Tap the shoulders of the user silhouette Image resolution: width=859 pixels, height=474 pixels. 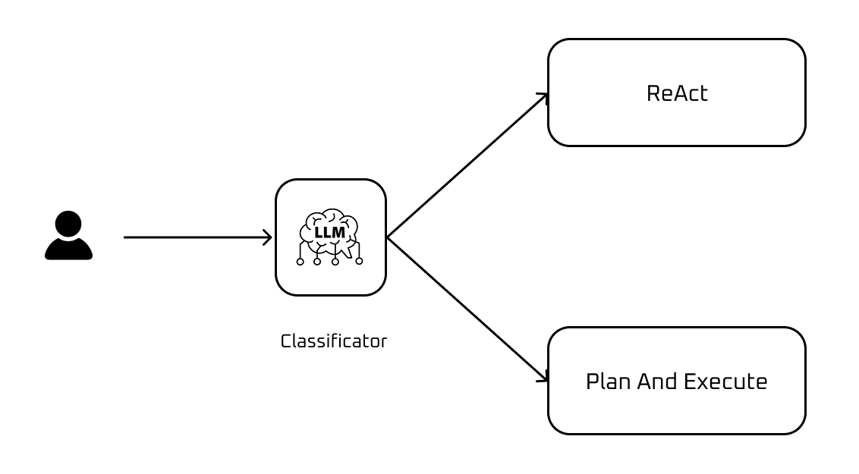point(68,250)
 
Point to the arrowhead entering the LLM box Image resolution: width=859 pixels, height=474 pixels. point(267,237)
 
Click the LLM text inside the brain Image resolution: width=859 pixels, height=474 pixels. point(329,232)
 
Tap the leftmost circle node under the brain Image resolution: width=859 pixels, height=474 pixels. point(300,262)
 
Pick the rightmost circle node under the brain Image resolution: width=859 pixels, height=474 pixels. point(359,261)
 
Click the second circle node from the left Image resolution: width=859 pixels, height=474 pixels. point(317,262)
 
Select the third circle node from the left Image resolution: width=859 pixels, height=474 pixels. point(335,262)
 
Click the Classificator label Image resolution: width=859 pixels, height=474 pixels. point(333,341)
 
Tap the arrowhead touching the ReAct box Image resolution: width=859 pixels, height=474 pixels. point(543,96)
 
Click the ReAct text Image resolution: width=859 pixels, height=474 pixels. point(676,93)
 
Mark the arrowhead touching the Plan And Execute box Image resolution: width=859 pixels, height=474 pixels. point(543,378)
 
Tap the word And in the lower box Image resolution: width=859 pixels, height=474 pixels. point(657,381)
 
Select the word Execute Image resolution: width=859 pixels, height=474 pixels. point(725,381)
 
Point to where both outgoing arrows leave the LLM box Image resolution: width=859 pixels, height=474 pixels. point(388,237)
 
